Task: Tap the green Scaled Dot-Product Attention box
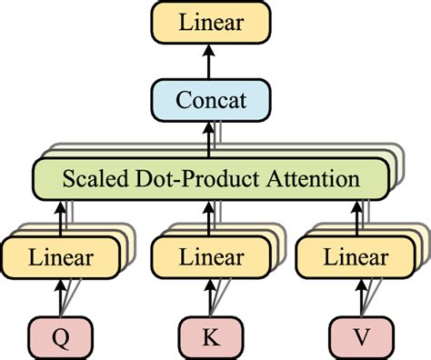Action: tap(210, 178)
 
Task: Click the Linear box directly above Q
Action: tap(61, 257)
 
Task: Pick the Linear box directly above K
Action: tap(210, 257)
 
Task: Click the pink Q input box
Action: tap(61, 337)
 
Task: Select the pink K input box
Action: tap(210, 337)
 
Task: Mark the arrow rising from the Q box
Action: tap(61, 296)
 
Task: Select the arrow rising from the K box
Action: tap(210, 296)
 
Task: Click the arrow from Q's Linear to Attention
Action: tap(61, 216)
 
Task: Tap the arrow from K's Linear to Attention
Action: tap(210, 216)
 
